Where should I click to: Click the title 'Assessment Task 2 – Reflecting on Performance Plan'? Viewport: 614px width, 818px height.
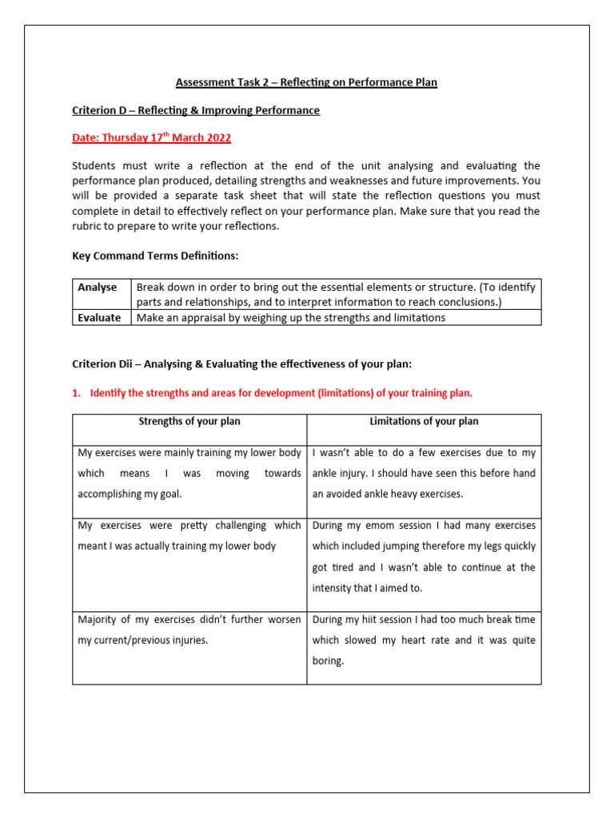click(x=306, y=82)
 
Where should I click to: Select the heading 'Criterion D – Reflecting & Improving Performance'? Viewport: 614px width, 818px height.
click(x=196, y=110)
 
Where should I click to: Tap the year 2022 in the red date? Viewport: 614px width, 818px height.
click(x=217, y=137)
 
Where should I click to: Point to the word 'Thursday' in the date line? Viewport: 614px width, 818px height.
click(x=125, y=137)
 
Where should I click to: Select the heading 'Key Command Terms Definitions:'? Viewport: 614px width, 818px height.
click(x=155, y=256)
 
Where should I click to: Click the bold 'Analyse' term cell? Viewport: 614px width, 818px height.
click(x=98, y=287)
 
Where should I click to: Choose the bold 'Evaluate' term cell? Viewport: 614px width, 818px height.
click(x=100, y=317)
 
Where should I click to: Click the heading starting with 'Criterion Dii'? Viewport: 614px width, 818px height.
click(x=241, y=364)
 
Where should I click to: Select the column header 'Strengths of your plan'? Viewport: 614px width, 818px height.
click(x=189, y=421)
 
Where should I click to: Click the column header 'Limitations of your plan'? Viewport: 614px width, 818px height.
click(x=424, y=421)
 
